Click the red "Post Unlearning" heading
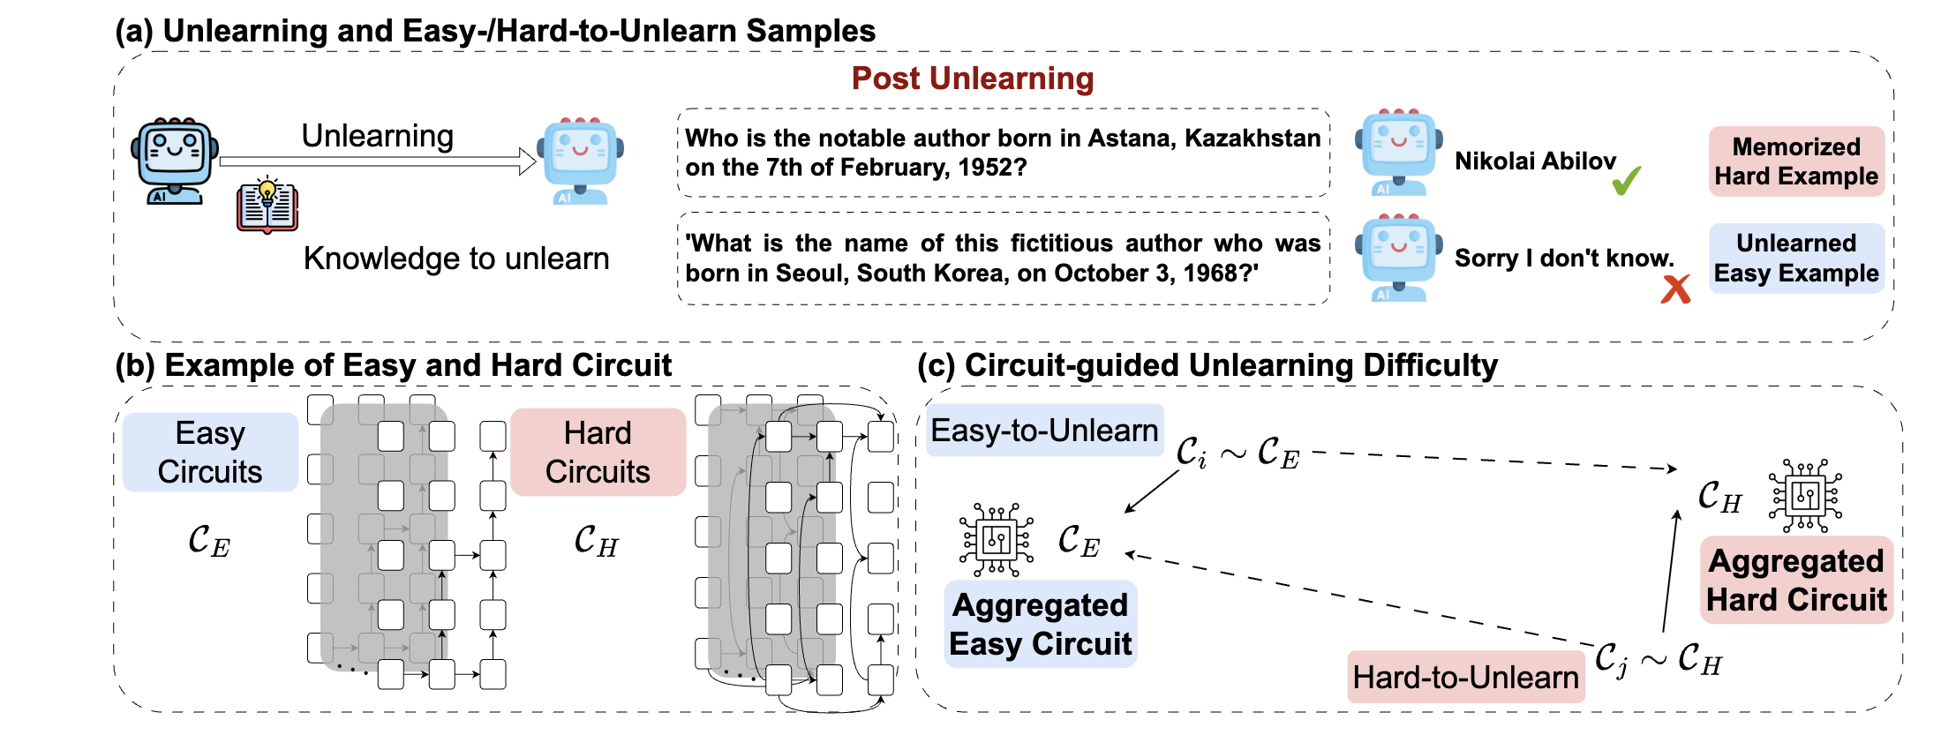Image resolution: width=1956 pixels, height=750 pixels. tap(972, 79)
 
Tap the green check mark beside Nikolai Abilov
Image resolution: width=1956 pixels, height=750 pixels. tap(1626, 180)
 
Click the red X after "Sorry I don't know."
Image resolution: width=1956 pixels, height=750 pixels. tap(1675, 289)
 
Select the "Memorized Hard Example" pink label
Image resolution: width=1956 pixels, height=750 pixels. tap(1795, 161)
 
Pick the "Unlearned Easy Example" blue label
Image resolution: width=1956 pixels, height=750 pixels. tap(1795, 258)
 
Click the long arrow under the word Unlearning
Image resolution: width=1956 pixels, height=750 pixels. tap(378, 161)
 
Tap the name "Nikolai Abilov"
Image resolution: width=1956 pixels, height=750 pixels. tap(1535, 161)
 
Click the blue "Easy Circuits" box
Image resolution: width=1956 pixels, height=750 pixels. tap(210, 452)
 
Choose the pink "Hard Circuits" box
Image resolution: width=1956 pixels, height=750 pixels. tap(598, 452)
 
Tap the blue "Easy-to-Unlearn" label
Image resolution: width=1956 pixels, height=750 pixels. tap(1044, 431)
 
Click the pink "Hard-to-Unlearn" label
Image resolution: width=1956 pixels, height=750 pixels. tap(1465, 678)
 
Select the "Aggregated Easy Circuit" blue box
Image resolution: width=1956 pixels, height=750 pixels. tap(1040, 624)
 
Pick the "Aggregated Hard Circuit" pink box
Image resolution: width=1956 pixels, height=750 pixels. tap(1795, 580)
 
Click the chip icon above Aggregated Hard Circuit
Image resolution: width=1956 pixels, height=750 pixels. tap(1805, 495)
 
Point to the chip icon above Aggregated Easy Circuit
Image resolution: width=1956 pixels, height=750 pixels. tap(997, 539)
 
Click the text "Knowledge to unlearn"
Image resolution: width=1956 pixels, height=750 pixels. tap(456, 259)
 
